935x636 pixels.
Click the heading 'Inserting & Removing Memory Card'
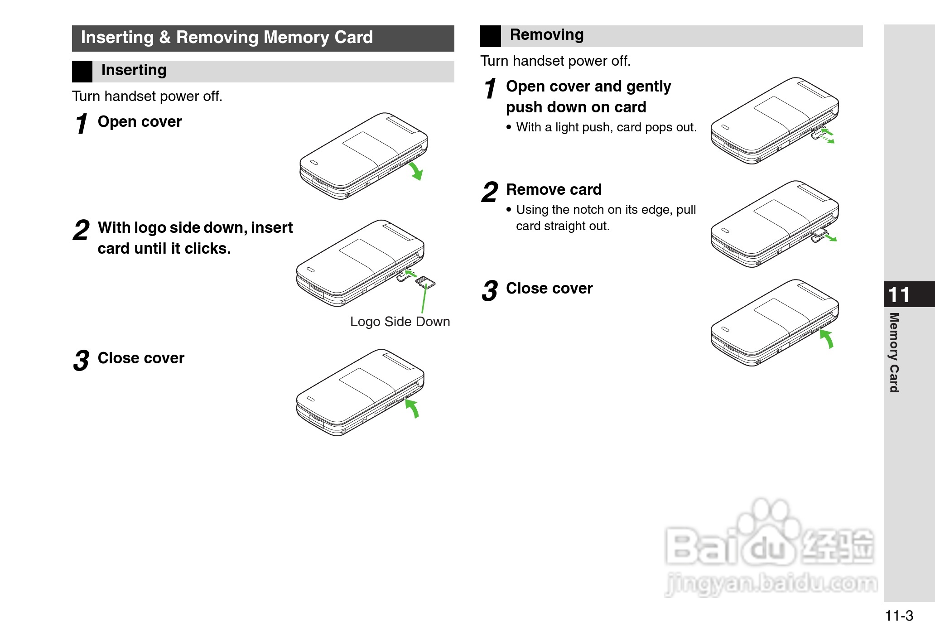227,37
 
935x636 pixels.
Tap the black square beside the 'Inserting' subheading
82,72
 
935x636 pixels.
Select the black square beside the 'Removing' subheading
491,36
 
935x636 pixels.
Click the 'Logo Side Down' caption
400,322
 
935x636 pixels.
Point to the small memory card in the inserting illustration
425,282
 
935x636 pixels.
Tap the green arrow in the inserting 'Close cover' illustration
412,409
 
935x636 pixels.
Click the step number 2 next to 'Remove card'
490,192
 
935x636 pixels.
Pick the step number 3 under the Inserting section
82,361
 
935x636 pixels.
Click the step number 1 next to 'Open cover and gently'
490,89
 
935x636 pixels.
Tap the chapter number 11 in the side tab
899,295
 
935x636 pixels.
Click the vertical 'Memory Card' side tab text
894,352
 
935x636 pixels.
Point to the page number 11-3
899,616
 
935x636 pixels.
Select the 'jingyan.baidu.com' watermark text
771,583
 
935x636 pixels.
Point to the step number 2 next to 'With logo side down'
82,230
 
